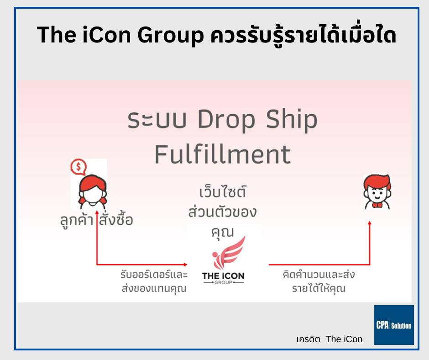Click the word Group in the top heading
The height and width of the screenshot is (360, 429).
point(170,36)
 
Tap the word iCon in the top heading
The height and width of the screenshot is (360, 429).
point(107,35)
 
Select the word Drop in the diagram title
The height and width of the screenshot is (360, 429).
point(226,120)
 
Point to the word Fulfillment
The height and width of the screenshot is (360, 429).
point(223,154)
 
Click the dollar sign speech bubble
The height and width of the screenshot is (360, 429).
point(78,167)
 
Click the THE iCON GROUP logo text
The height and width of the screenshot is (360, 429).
point(223,278)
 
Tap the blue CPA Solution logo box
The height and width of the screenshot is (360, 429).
point(394,325)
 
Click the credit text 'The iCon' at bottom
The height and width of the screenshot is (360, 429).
point(344,339)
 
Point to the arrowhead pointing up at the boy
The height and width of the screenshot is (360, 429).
point(370,223)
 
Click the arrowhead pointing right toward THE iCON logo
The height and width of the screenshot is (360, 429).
point(185,265)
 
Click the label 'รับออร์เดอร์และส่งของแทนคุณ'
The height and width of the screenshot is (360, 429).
point(154,281)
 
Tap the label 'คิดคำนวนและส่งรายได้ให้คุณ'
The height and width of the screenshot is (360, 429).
point(319,281)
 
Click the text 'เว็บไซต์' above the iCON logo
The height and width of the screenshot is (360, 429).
point(223,191)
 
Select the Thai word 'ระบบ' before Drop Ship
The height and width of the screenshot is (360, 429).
point(157,120)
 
